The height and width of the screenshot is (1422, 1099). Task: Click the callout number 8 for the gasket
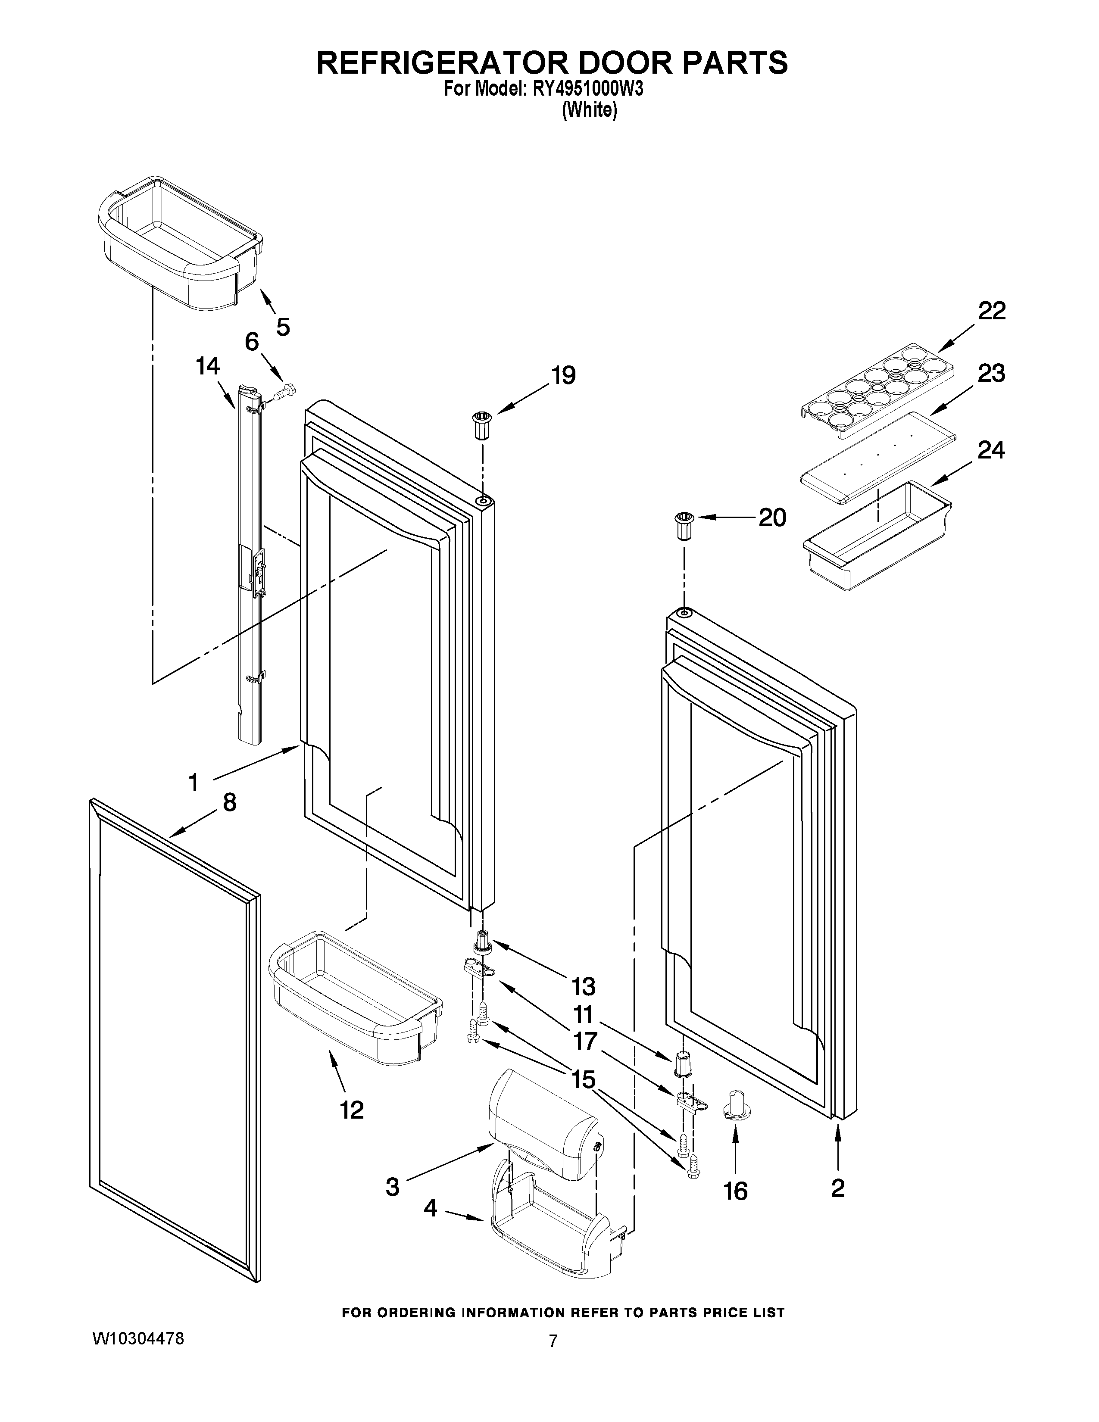tap(229, 802)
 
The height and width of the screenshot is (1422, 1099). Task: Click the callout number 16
tap(735, 1191)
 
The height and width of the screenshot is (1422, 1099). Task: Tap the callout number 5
tap(283, 326)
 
